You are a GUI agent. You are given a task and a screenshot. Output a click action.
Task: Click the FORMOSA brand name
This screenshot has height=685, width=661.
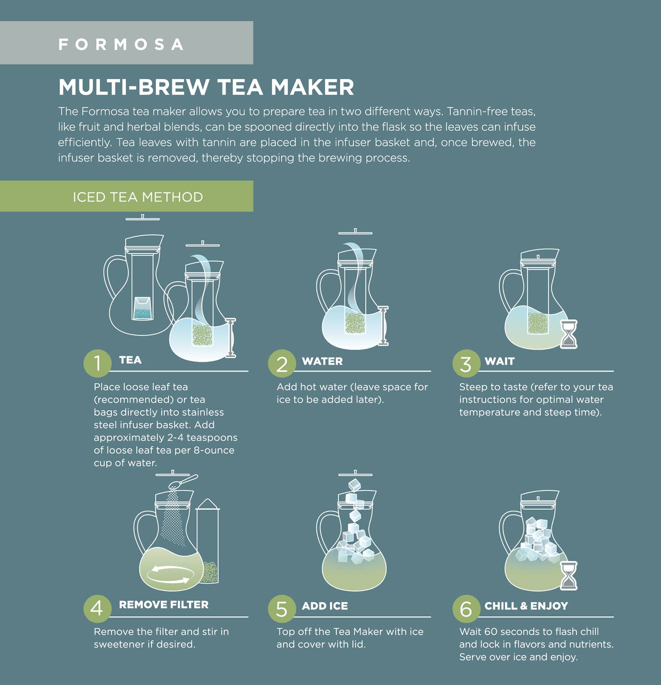(x=121, y=45)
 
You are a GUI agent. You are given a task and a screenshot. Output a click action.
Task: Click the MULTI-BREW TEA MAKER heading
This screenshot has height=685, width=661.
(x=206, y=87)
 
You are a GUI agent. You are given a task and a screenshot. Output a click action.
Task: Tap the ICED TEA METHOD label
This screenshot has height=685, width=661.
(x=138, y=197)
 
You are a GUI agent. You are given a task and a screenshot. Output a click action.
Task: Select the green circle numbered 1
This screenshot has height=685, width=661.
(x=97, y=363)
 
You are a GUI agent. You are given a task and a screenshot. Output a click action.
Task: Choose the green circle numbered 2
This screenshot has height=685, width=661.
(x=282, y=364)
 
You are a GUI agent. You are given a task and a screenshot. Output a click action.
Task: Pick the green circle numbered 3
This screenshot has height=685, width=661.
(x=466, y=364)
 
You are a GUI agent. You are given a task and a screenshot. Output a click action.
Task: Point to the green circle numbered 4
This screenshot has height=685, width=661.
(x=97, y=608)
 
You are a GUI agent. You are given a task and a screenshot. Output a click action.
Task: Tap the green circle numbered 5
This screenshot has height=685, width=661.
(x=282, y=609)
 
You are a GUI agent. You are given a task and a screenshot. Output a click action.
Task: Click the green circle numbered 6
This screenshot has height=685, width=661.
(x=466, y=609)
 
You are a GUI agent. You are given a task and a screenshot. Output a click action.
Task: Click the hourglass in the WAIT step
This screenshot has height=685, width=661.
(x=568, y=334)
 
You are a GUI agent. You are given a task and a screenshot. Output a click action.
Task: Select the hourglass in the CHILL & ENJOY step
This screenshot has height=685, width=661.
(x=568, y=575)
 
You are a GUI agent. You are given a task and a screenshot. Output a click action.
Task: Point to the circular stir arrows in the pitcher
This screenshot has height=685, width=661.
(x=171, y=574)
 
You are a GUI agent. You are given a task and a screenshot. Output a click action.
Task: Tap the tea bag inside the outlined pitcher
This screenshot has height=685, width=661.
(x=143, y=308)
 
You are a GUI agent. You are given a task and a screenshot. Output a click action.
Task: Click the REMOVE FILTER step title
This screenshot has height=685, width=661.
(x=163, y=604)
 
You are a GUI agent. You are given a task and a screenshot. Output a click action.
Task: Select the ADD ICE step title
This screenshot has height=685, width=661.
(x=325, y=606)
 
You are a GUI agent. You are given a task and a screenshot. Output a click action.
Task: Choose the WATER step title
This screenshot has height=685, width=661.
(x=322, y=361)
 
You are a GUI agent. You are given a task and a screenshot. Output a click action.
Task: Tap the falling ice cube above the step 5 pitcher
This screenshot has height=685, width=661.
(x=355, y=485)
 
